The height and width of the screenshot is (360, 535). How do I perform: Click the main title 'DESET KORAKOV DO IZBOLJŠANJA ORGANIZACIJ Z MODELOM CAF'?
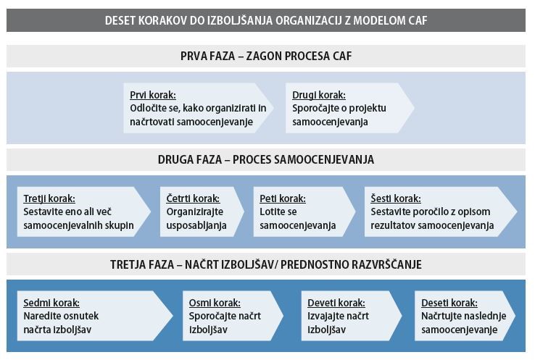point(266,20)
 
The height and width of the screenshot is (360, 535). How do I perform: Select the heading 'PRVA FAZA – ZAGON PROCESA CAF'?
point(266,56)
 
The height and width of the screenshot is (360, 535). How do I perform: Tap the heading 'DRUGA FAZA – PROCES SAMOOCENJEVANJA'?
point(266,159)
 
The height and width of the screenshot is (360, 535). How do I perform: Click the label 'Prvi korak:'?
point(153,95)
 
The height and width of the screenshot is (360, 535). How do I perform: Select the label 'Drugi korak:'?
point(319,95)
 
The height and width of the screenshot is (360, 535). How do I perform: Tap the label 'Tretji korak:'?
point(49,198)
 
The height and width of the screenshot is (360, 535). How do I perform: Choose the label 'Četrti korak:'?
point(193,198)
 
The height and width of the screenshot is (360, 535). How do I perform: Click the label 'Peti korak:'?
point(282,198)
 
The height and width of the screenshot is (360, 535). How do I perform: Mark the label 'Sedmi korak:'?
point(51,303)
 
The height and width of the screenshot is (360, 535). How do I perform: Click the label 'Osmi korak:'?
point(215,303)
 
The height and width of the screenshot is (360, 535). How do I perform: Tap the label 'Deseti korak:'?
point(449,303)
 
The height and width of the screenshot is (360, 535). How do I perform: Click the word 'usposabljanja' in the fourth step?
point(196,225)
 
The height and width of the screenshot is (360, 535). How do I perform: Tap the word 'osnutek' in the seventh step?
point(81,317)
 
